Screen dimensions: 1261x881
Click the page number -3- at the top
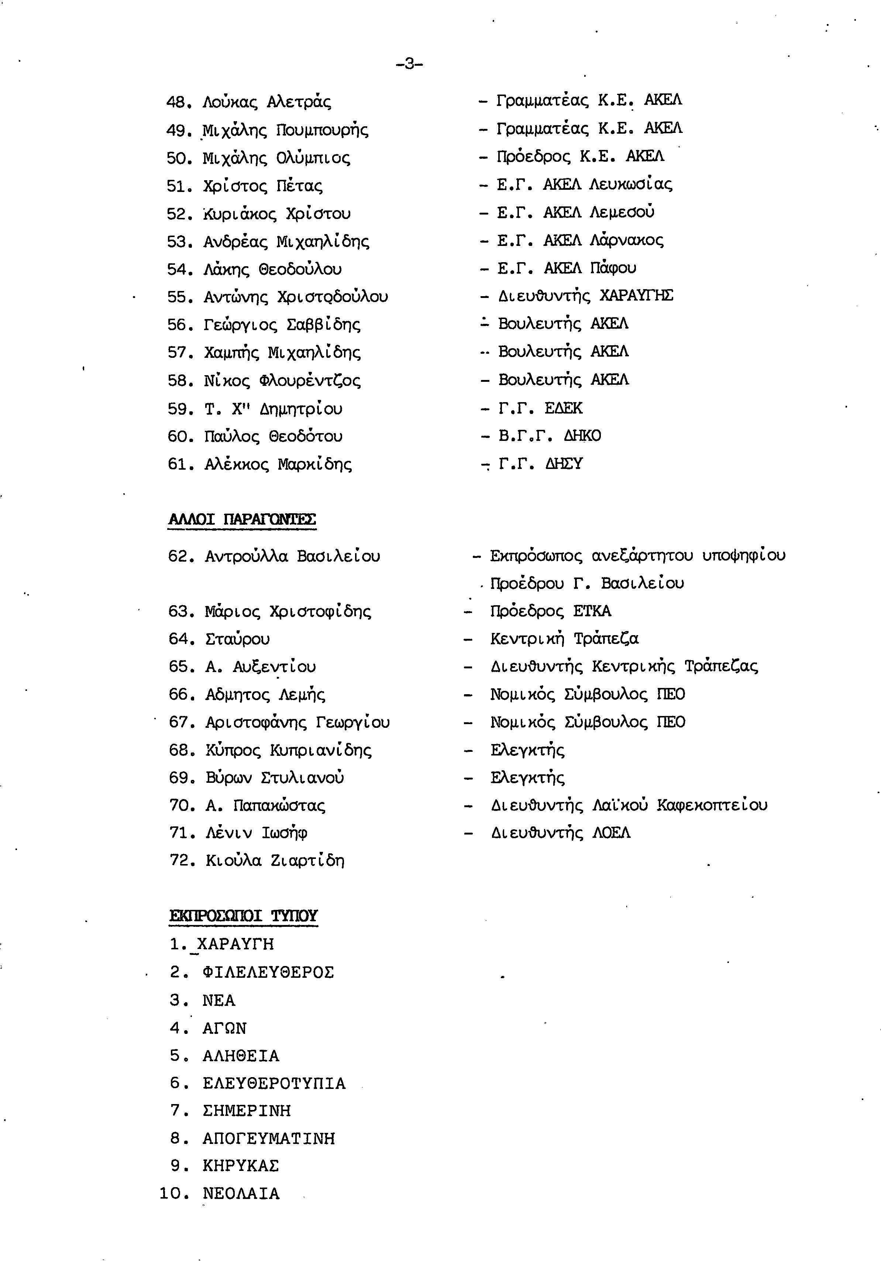pyautogui.click(x=409, y=64)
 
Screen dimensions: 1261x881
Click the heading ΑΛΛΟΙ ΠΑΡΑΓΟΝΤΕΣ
pyautogui.click(x=242, y=519)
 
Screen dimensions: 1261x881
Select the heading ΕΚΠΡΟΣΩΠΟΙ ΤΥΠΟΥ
pyautogui.click(x=243, y=915)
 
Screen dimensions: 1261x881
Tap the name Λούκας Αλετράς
pyautogui.click(x=267, y=102)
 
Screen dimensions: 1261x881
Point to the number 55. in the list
pyautogui.click(x=178, y=297)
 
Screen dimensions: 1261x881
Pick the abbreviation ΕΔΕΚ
pyautogui.click(x=563, y=408)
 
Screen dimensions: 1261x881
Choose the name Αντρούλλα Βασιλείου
pyautogui.click(x=292, y=556)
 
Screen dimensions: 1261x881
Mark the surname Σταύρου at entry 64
pyautogui.click(x=238, y=639)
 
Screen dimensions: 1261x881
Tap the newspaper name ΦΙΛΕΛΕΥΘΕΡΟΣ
pyautogui.click(x=268, y=972)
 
